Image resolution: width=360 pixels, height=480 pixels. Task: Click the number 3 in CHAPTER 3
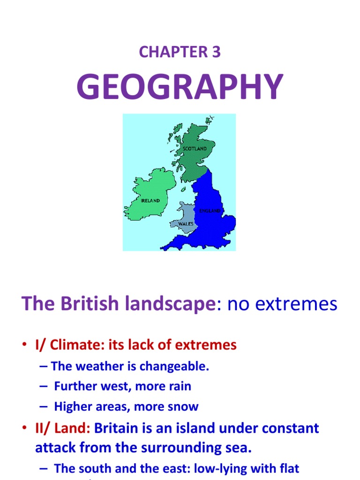(215, 52)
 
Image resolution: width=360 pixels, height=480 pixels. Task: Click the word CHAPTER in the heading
(173, 52)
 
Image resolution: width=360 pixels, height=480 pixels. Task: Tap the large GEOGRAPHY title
(180, 87)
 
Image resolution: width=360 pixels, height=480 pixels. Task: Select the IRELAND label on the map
(150, 200)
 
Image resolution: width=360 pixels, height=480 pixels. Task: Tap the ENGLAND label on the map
(210, 211)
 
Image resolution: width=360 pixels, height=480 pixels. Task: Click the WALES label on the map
(186, 224)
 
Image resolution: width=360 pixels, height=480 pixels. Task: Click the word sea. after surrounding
(239, 448)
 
